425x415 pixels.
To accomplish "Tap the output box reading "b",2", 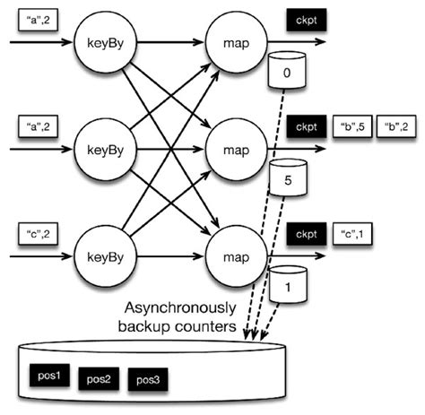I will [x=395, y=125].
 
